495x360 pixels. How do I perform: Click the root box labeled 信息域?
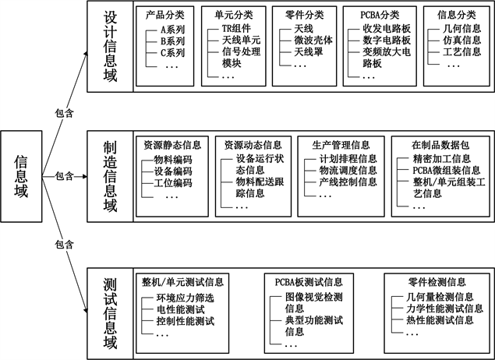tap(22, 175)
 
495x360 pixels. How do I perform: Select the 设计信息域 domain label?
tap(109, 45)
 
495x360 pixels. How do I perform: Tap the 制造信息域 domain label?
tap(109, 175)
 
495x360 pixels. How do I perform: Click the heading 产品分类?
tap(165, 14)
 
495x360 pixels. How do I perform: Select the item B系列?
tap(174, 41)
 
